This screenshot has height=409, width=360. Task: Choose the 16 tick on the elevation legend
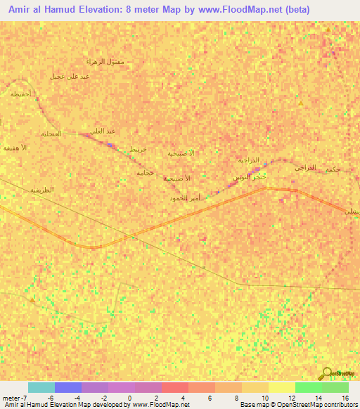coord(345,398)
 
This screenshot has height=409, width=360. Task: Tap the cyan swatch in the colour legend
coord(41,387)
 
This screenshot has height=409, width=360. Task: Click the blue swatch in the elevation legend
coord(68,387)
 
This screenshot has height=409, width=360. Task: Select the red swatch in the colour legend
coord(175,387)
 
